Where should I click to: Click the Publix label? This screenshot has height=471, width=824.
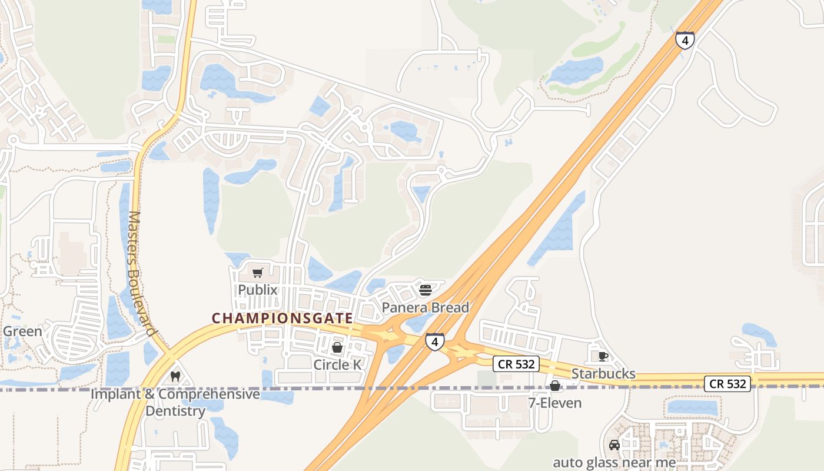point(257,290)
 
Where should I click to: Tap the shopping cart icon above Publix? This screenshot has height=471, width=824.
point(257,273)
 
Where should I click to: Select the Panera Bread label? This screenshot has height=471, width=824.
point(426,307)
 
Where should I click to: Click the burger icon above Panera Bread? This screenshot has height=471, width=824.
point(426,290)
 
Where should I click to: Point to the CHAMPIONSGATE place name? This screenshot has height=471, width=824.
point(283,318)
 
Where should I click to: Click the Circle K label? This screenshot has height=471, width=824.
point(337,364)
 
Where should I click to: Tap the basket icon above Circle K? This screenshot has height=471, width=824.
point(337,347)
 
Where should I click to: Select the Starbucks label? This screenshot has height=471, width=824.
point(603,374)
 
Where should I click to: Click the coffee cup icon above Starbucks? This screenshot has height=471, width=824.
point(603,356)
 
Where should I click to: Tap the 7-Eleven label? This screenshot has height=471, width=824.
point(554,403)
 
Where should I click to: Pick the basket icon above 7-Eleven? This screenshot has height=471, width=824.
point(554,386)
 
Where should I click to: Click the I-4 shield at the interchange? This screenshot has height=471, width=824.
point(434,342)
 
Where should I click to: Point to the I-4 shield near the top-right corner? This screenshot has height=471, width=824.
point(685,40)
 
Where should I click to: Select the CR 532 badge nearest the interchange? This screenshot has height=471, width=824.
point(516,364)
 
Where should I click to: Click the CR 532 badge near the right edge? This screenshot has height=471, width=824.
point(728,384)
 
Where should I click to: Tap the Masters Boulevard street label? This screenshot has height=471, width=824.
point(142,274)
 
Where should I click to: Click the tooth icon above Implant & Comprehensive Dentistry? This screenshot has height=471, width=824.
point(175,376)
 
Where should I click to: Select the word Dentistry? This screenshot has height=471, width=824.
point(175,410)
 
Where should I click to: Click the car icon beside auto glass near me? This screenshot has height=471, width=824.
point(614,445)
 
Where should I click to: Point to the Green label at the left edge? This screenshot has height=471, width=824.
point(22,331)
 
